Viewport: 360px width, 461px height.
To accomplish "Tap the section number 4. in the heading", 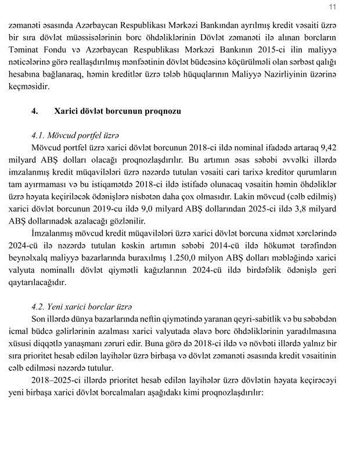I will pos(35,110).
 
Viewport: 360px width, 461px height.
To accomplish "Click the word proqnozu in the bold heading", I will pos(158,110).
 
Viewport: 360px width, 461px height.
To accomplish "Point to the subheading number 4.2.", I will pos(40,306).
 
